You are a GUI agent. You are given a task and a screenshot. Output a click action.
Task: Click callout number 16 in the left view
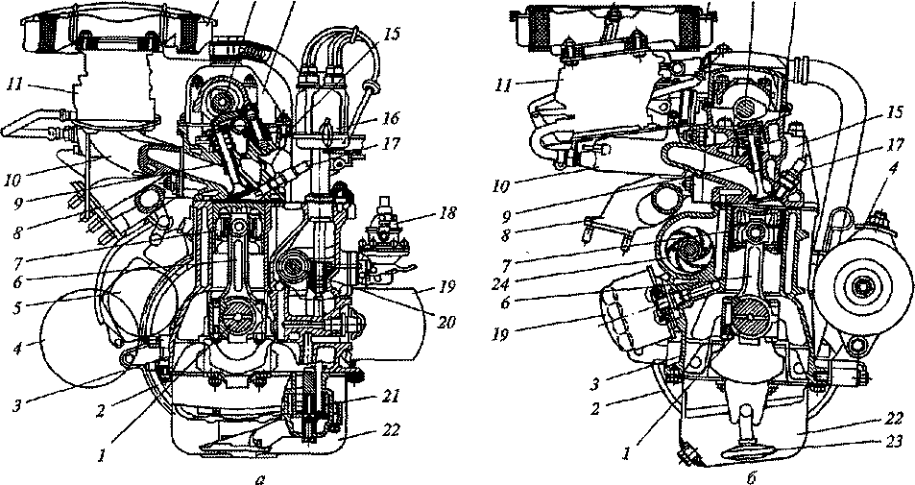coord(391,119)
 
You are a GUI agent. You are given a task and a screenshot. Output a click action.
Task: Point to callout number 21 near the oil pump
coord(391,398)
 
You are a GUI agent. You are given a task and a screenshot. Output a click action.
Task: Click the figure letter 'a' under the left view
coord(259,478)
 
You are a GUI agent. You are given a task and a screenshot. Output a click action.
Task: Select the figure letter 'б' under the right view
coord(750,477)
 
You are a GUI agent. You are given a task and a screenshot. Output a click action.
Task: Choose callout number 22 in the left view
coord(392,430)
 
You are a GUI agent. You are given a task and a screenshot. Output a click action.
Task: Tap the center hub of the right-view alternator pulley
coord(861,286)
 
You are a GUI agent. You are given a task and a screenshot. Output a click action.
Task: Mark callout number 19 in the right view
coord(500,335)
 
